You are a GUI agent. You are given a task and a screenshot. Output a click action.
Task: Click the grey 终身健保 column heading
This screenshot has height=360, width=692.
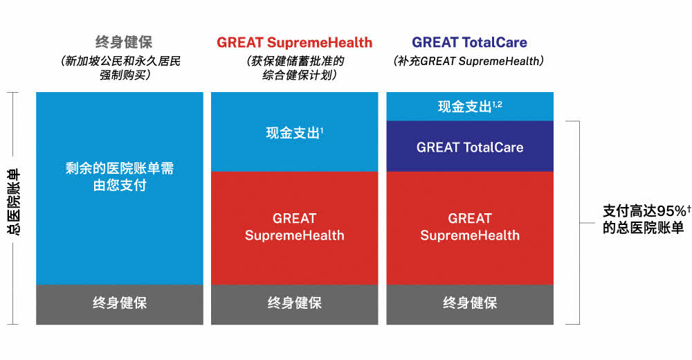124,42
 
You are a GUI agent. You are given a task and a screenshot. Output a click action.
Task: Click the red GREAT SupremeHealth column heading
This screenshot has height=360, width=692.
294,42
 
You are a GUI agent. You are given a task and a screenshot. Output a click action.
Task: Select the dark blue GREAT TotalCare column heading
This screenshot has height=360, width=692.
470,42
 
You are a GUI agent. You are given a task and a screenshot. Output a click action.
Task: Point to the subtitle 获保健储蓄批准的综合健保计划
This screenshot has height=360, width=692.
295,68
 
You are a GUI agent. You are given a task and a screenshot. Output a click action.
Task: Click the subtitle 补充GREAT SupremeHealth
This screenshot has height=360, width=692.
468,61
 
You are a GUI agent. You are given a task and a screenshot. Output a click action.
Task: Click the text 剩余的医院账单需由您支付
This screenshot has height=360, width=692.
120,177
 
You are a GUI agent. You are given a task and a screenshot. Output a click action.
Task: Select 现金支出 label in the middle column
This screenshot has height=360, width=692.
293,132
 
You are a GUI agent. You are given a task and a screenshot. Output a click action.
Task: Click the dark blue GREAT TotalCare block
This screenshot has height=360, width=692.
470,146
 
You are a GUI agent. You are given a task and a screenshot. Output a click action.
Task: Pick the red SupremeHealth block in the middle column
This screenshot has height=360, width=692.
294,228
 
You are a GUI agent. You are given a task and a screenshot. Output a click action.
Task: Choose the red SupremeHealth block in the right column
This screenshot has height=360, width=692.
470,228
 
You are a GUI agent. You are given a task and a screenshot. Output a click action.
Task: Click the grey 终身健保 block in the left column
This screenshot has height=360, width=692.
120,305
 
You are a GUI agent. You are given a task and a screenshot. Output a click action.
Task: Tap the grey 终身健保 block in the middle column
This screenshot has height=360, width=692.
294,305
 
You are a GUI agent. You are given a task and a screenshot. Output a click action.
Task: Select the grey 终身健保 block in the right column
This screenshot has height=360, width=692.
470,305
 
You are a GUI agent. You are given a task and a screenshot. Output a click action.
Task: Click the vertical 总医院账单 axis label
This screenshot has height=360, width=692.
13,201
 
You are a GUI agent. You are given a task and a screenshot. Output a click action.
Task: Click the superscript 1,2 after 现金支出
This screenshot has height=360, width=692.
498,105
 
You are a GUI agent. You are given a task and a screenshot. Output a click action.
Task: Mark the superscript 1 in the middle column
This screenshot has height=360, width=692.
322,130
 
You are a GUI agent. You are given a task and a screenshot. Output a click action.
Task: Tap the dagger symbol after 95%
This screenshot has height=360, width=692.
689,207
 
